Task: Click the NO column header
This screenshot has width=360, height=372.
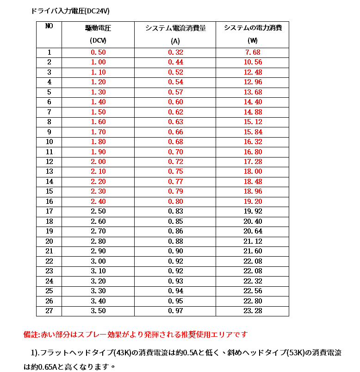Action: point(49,26)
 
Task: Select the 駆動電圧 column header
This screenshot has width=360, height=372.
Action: point(98,28)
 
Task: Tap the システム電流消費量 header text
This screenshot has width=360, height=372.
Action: point(175,28)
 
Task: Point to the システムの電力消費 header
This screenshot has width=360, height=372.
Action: point(253,28)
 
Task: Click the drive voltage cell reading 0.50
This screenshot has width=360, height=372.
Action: point(98,52)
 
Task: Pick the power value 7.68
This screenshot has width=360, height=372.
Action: point(253,52)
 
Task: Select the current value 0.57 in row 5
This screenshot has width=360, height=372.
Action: point(175,92)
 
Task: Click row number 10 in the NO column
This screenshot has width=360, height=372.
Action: point(49,142)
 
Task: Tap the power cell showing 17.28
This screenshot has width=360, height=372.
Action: point(253,162)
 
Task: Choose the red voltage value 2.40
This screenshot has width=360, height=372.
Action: point(98,202)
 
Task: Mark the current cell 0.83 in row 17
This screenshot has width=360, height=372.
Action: point(175,212)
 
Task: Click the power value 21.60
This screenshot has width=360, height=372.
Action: point(253,251)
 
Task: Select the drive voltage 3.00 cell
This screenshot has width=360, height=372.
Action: point(98,261)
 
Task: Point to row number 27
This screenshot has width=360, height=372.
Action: point(49,311)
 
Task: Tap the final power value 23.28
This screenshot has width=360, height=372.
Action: point(253,311)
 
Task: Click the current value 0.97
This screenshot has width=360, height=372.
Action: point(175,311)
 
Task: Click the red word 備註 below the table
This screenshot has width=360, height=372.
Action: point(31,334)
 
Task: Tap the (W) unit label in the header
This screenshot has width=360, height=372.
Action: point(253,40)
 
